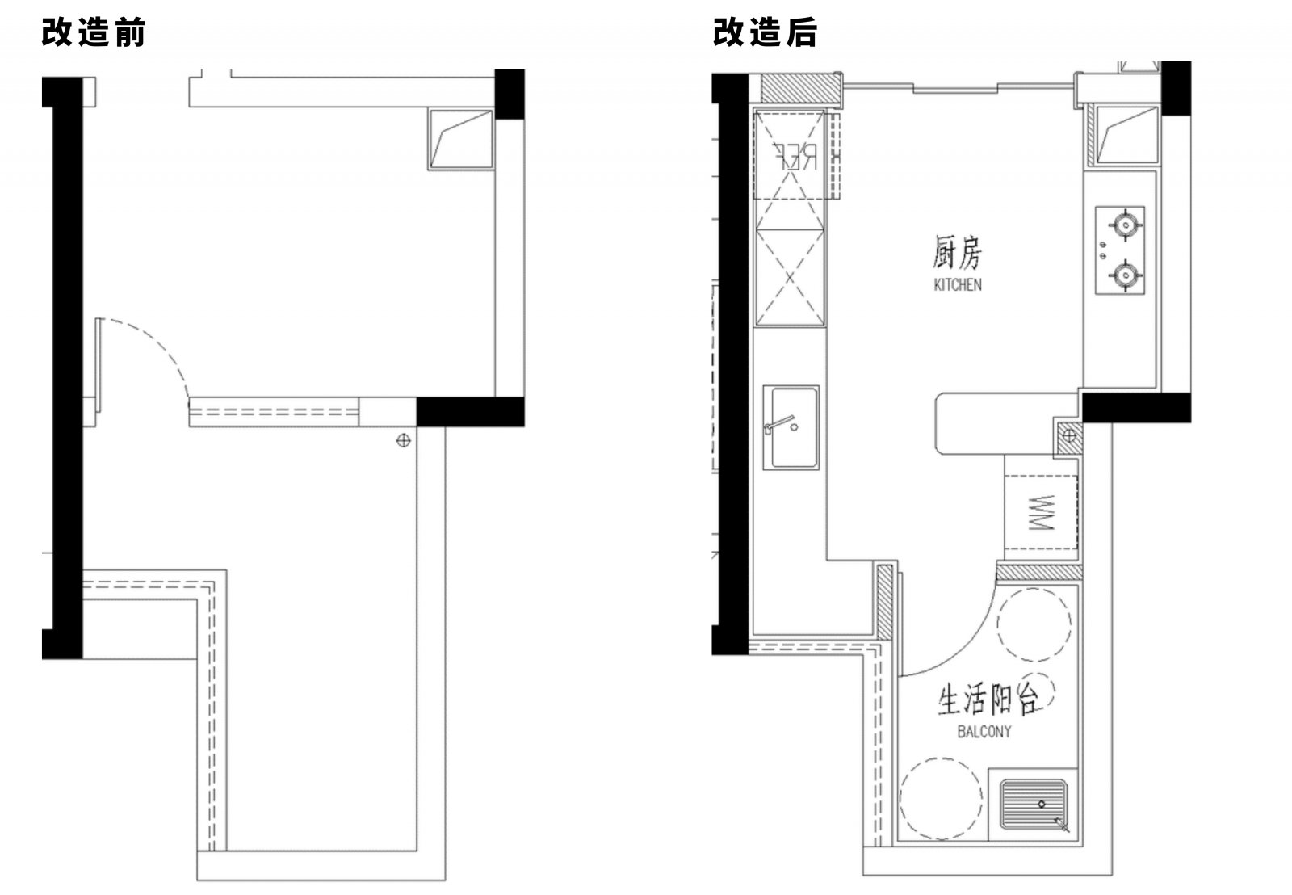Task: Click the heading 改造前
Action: (93, 33)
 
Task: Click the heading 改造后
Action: (764, 33)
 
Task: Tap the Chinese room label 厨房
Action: (958, 254)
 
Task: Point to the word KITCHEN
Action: (958, 284)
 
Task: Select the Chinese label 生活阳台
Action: (987, 699)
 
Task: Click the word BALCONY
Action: (984, 732)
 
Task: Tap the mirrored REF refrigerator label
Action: (795, 156)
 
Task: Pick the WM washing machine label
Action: (1042, 513)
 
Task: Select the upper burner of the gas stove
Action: (1123, 223)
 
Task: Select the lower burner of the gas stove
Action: (1123, 275)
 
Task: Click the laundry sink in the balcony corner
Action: (1034, 805)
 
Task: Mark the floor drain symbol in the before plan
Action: (404, 440)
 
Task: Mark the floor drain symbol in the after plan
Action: (1069, 436)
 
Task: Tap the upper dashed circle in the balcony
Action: (1034, 625)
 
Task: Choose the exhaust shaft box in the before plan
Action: (460, 139)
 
